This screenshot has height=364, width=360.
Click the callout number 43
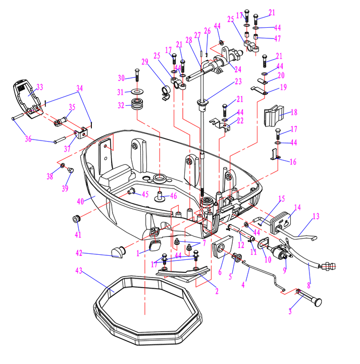(x=78, y=271)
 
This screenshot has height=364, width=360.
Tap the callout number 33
(x=40, y=86)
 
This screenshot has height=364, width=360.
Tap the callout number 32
(x=120, y=106)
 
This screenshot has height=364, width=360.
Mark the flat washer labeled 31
(x=136, y=92)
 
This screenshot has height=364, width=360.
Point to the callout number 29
(x=145, y=62)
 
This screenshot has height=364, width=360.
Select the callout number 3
(x=290, y=311)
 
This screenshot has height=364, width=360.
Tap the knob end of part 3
(x=317, y=302)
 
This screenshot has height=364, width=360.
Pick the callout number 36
(x=28, y=139)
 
